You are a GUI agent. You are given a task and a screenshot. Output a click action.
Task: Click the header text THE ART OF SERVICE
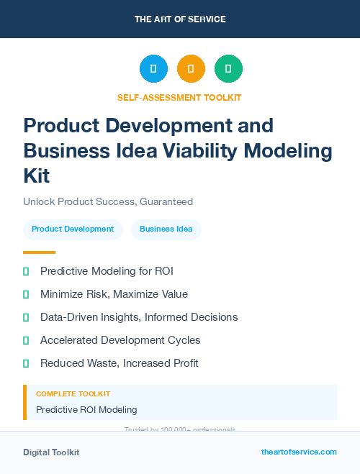tap(180, 19)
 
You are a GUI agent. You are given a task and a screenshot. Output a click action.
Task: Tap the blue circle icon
tap(153, 69)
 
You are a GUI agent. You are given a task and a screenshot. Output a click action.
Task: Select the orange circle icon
tap(191, 69)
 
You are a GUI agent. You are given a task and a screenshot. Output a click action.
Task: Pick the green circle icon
tap(228, 69)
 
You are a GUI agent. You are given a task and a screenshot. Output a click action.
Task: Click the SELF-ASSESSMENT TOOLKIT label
tap(179, 97)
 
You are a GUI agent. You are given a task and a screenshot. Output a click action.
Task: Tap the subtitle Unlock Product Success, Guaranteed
tap(108, 202)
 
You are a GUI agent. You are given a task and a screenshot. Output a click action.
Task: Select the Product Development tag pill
tap(73, 229)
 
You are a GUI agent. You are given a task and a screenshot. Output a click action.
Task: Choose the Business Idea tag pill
tap(166, 229)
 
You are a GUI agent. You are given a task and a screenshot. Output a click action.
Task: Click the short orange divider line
tap(39, 252)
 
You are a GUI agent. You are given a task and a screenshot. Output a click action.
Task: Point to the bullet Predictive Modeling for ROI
tap(107, 271)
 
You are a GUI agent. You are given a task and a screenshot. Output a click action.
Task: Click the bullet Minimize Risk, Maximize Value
tap(114, 294)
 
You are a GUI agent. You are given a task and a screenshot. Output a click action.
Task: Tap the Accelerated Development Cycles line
tap(120, 340)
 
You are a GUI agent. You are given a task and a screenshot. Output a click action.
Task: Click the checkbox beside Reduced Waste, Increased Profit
tap(27, 363)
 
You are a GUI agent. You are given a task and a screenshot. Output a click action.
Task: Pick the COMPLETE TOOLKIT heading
tap(73, 394)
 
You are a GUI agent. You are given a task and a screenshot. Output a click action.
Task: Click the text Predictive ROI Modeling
tap(86, 410)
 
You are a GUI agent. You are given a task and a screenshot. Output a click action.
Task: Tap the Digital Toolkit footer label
tap(51, 452)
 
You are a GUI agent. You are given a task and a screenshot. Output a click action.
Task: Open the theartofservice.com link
tap(299, 452)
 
